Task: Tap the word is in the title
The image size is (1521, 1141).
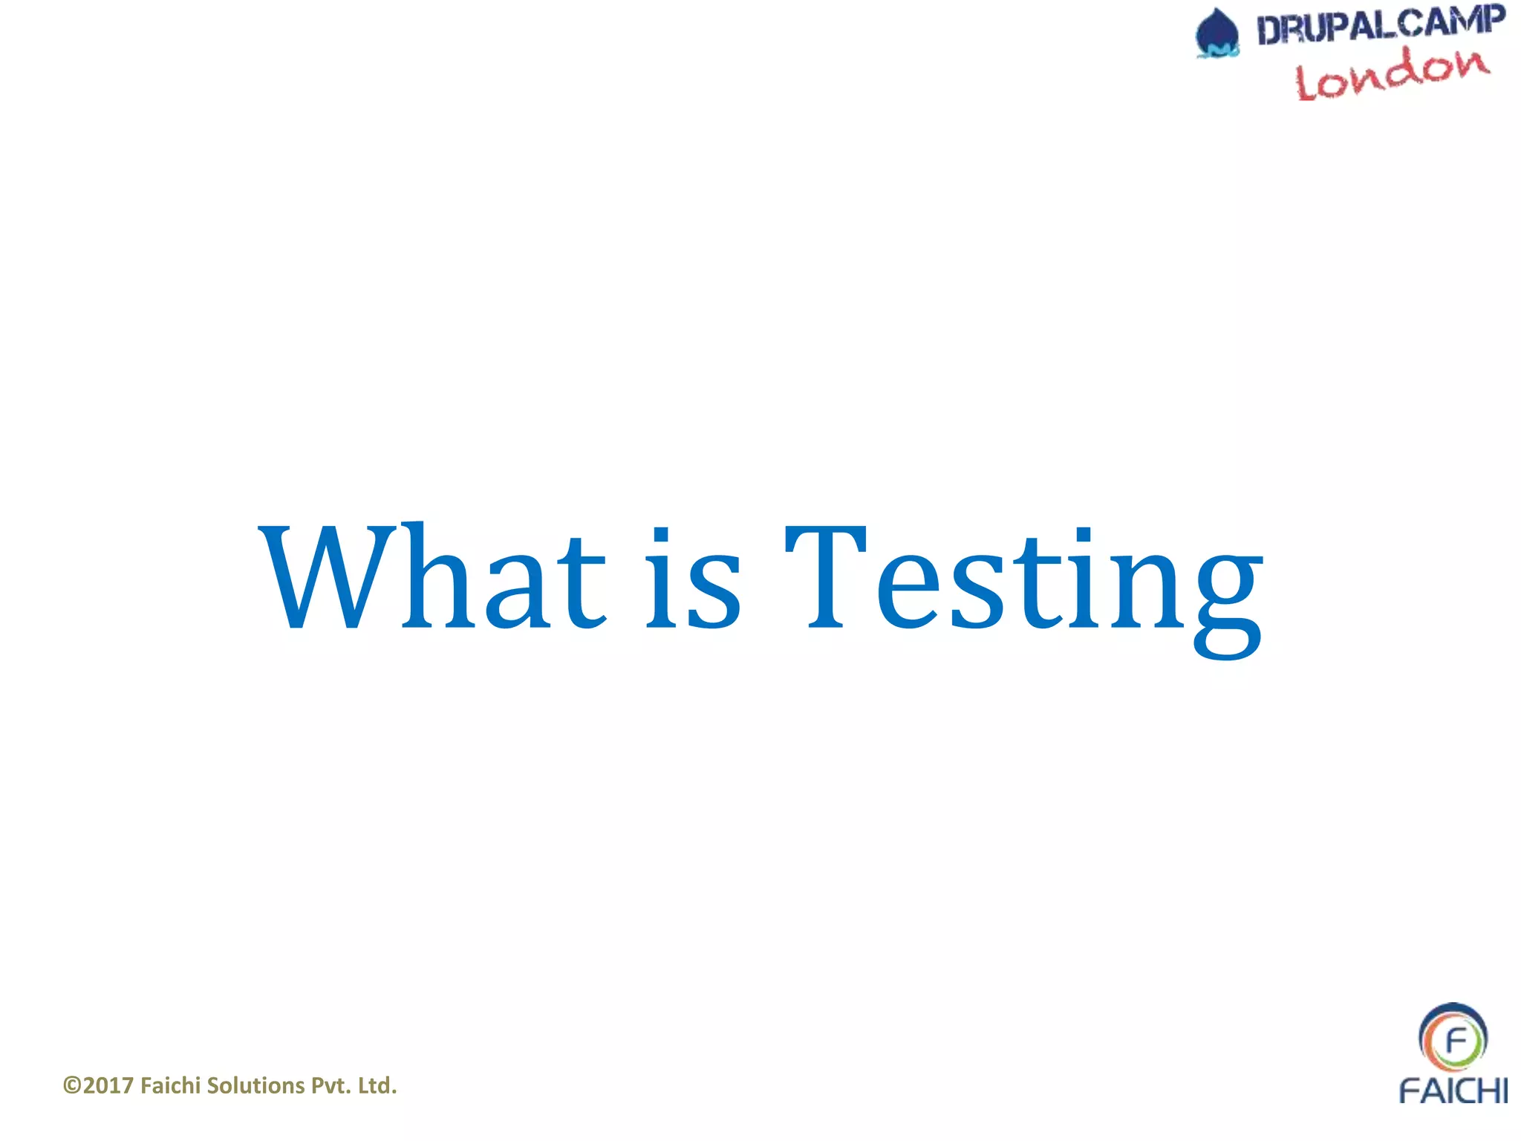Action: tap(693, 578)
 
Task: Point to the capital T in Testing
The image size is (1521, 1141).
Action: tap(826, 576)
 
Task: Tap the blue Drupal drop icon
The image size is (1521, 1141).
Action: tap(1217, 33)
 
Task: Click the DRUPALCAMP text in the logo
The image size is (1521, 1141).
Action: tap(1380, 25)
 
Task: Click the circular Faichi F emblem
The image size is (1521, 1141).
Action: tap(1453, 1038)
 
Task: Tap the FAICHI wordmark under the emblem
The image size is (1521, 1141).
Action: tap(1453, 1090)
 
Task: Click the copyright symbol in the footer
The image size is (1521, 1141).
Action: tap(72, 1086)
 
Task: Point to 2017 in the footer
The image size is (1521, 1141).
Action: tap(108, 1086)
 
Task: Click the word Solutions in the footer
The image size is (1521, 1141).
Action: tap(255, 1086)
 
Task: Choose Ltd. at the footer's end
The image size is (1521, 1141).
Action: tap(377, 1086)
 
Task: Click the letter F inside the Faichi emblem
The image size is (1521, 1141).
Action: tap(1455, 1040)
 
